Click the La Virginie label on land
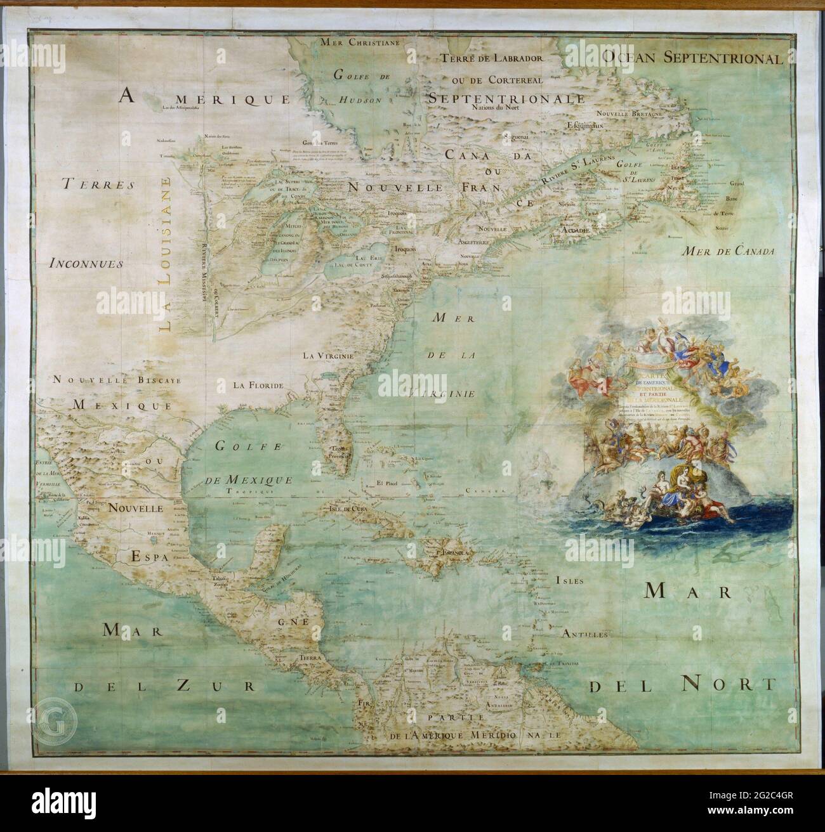(327, 355)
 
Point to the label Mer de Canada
(729, 252)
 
